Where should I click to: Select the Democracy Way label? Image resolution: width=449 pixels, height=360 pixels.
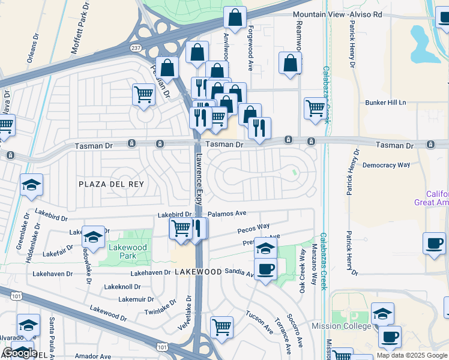pos(387,164)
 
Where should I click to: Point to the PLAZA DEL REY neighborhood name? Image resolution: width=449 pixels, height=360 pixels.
pos(112,184)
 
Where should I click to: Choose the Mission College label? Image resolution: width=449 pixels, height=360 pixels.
pos(340,326)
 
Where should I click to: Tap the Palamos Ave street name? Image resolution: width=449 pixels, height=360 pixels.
pos(228,213)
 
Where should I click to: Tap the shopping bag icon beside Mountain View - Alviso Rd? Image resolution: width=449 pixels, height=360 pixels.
pos(235,18)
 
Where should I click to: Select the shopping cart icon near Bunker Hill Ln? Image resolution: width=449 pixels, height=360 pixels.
pos(315,109)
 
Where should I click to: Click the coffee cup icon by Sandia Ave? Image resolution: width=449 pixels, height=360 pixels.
pos(265,268)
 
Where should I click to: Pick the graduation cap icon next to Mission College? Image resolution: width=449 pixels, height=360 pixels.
pos(382,313)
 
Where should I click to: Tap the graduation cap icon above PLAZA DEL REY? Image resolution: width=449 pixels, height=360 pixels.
pos(31,185)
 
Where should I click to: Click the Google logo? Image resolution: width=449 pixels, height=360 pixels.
pos(20,353)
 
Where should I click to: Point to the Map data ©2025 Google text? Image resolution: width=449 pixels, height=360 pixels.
pos(411,355)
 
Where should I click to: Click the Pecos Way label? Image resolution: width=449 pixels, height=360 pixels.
pos(253,228)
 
